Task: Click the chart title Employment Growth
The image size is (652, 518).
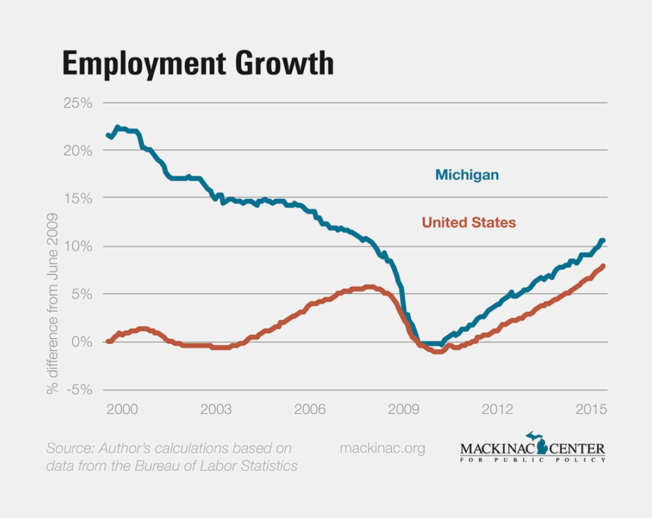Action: tap(198, 64)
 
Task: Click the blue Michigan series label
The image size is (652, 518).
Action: tap(466, 175)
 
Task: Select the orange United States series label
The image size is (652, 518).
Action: tap(468, 223)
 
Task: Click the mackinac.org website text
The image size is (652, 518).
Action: tap(382, 448)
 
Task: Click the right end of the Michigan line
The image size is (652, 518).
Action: tap(603, 241)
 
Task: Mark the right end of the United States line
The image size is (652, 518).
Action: tap(603, 266)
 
